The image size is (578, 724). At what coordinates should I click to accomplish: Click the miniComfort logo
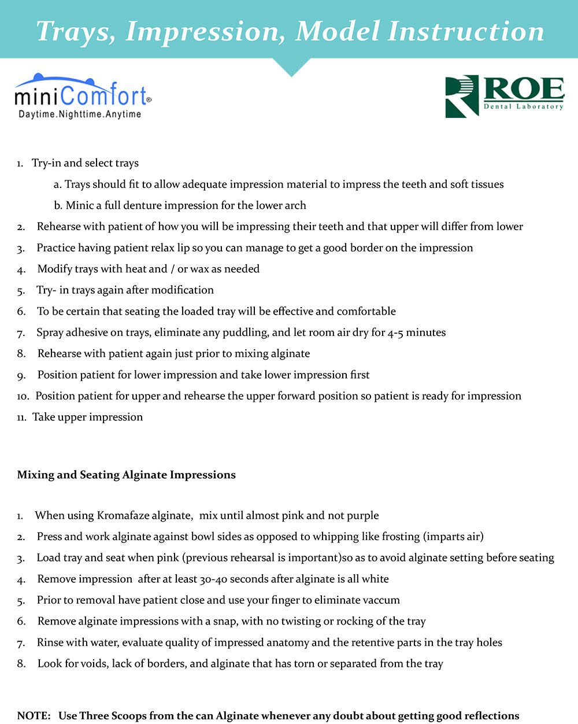[x=83, y=96]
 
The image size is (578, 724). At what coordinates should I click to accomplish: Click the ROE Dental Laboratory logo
[x=505, y=95]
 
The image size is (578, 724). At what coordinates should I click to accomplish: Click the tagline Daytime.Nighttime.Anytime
[x=80, y=114]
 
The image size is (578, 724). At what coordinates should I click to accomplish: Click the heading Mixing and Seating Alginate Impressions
[x=127, y=475]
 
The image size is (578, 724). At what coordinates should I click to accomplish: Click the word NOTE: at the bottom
[x=34, y=715]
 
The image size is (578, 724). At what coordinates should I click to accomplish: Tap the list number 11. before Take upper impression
[x=22, y=418]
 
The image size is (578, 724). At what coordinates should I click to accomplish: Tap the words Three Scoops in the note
[x=113, y=715]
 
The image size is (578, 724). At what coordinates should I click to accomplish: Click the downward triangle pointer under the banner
[x=291, y=67]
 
